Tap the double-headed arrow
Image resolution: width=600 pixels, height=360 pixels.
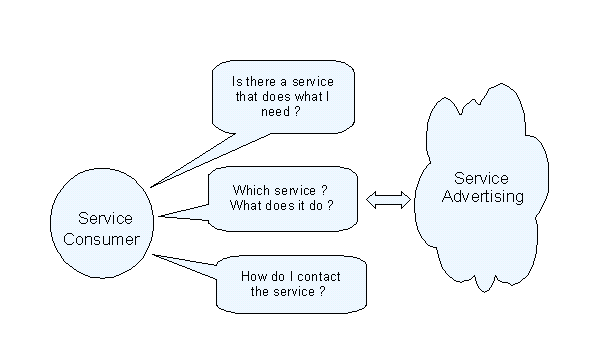click(x=389, y=201)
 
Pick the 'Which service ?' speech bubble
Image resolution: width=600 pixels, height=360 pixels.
click(x=283, y=198)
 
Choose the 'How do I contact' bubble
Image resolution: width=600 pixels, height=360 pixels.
click(x=289, y=283)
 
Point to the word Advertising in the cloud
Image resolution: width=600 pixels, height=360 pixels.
click(x=483, y=196)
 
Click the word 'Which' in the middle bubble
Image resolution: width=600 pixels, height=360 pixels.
click(x=249, y=190)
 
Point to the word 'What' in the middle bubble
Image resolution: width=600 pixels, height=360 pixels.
click(x=248, y=206)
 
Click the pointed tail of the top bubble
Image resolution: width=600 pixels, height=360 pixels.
click(x=155, y=184)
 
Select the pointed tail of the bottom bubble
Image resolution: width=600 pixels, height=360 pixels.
click(x=158, y=257)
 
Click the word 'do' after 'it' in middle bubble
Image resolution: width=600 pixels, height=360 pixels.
click(x=316, y=206)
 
